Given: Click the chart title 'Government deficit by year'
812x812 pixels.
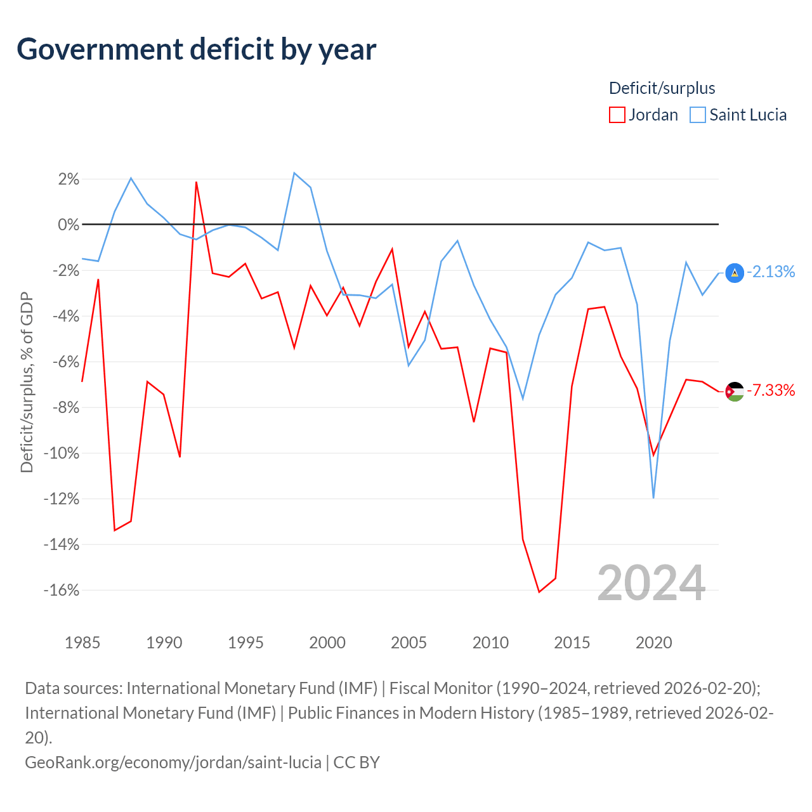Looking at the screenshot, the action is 196,49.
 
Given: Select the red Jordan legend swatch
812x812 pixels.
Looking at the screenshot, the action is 617,115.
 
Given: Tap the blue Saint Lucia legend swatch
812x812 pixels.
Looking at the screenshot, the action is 697,115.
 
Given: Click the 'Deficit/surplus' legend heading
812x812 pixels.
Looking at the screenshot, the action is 662,88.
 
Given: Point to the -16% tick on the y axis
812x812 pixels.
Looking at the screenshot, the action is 61,591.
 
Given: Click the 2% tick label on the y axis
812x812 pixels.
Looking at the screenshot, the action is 69,179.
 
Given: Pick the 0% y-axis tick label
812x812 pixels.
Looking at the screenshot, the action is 69,225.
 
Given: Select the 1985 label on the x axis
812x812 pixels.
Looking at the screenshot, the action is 82,643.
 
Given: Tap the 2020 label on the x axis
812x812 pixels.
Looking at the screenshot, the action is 653,643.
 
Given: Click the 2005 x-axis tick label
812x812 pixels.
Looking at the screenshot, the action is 409,643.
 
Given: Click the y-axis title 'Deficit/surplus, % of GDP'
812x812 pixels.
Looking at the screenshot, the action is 27,382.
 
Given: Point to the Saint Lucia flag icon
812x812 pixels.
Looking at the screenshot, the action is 735,273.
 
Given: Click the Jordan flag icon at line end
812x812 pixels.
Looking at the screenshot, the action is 735,391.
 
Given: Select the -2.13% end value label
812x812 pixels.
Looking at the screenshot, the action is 771,272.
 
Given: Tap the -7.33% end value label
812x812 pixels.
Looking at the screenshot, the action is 771,390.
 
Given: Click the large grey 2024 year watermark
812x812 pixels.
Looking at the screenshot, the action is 651,583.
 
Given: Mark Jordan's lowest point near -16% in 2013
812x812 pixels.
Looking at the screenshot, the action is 539,592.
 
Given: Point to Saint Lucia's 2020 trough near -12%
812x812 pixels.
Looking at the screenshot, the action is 653,498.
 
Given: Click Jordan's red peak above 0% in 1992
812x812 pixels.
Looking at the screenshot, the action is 197,182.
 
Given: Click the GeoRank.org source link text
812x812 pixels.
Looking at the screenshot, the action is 173,763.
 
